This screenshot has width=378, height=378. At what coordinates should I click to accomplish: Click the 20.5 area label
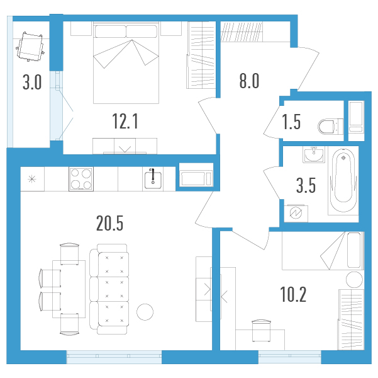pos(109,223)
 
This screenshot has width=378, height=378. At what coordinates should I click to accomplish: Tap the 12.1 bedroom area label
pos(125,121)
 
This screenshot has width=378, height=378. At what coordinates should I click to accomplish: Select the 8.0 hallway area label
pos(249,81)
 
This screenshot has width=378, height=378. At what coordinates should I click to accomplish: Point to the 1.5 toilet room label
pos(291,122)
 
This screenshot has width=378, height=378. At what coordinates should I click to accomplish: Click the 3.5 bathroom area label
pos(306,185)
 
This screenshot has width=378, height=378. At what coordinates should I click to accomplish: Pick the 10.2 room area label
pos(293,294)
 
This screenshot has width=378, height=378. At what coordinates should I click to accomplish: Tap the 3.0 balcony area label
pos(32,82)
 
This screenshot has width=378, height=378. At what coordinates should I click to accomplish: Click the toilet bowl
pos(330,127)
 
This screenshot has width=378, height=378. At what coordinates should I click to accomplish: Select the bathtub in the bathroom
pos(343,180)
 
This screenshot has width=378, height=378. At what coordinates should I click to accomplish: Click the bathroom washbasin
pos(313,154)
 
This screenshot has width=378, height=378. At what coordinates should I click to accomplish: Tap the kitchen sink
pos(153,180)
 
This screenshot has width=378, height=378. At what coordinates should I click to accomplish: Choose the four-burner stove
pos(81,179)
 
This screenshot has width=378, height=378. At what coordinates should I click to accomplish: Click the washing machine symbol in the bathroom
pos(296,214)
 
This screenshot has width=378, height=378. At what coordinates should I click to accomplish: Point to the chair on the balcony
pos(30,47)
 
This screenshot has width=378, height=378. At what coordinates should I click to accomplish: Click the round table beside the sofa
pos(145,312)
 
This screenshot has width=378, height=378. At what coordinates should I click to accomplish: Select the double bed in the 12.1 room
pos(126,63)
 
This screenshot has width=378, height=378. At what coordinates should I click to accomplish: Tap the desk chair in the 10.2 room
pos(261,330)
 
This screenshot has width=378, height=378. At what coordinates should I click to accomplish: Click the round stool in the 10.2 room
pos(354,279)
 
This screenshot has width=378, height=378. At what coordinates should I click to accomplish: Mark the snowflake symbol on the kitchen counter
pos(32,179)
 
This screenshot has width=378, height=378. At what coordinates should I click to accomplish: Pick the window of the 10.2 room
pos(290,357)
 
